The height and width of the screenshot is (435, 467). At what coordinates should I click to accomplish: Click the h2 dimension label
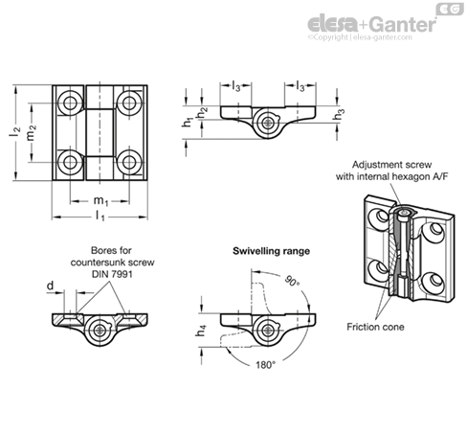click(x=202, y=112)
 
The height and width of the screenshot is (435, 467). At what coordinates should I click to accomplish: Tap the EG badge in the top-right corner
click(x=448, y=9)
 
